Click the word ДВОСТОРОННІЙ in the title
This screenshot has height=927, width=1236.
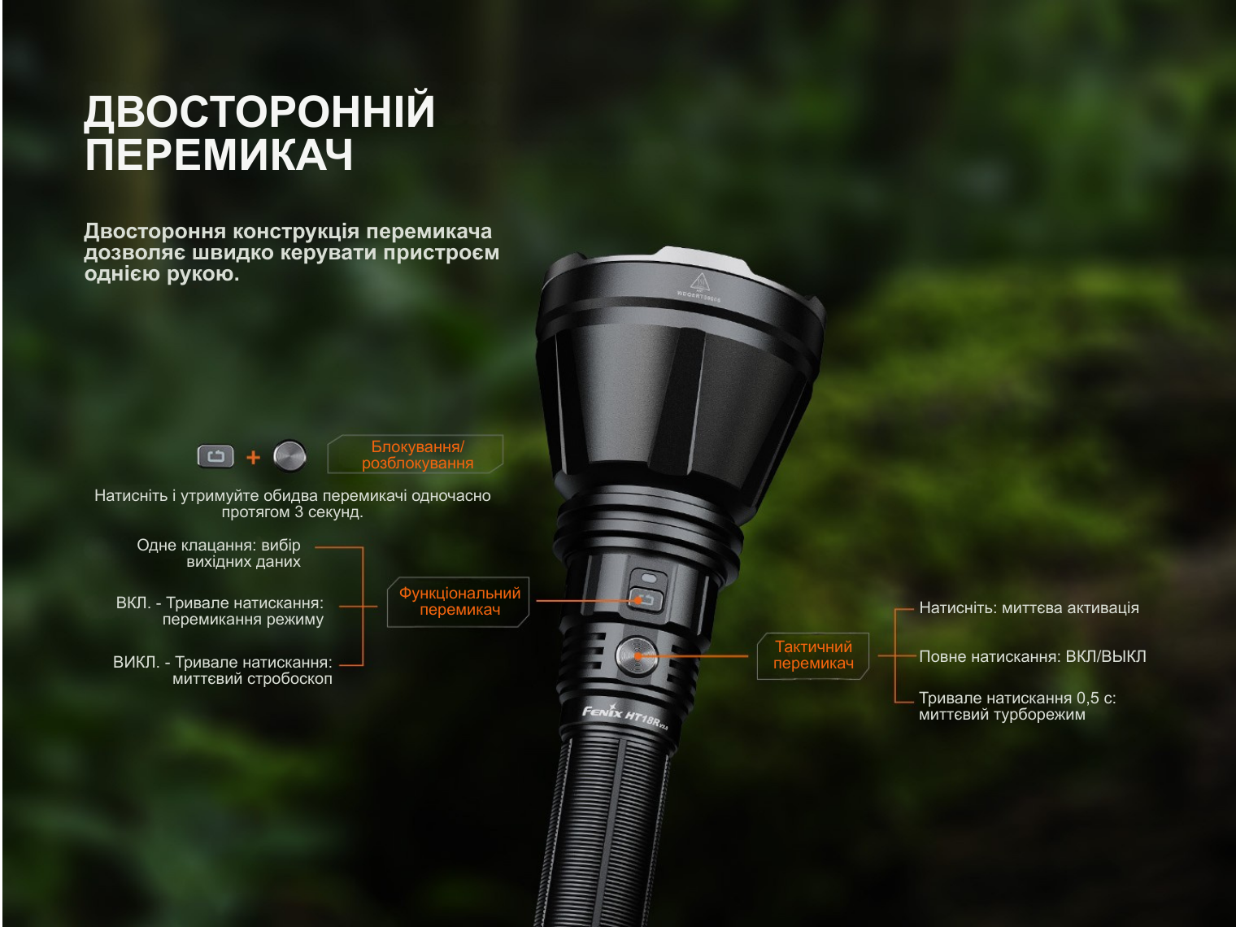pyautogui.click(x=259, y=111)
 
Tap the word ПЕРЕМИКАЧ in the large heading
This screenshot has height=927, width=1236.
pyautogui.click(x=219, y=154)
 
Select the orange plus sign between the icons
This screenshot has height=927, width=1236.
pyautogui.click(x=254, y=457)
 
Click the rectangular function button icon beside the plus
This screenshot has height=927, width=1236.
pyautogui.click(x=215, y=456)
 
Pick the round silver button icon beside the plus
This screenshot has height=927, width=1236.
pyautogui.click(x=289, y=455)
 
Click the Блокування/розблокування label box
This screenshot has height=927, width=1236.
pyautogui.click(x=416, y=455)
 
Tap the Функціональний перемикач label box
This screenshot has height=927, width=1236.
pyautogui.click(x=459, y=602)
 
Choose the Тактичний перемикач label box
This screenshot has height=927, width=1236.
pyautogui.click(x=813, y=655)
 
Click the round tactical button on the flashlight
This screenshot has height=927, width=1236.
pyautogui.click(x=637, y=656)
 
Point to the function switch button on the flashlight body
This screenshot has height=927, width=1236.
pyautogui.click(x=646, y=600)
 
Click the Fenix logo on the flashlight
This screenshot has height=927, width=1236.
pyautogui.click(x=602, y=712)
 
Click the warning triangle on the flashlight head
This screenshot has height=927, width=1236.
pyautogui.click(x=699, y=281)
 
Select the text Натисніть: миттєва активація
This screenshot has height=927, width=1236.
pyautogui.click(x=1029, y=608)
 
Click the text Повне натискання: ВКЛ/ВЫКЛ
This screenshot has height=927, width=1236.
pyautogui.click(x=1032, y=656)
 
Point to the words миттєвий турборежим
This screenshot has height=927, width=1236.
pyautogui.click(x=1002, y=715)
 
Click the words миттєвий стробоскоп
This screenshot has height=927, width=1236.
pyautogui.click(x=252, y=679)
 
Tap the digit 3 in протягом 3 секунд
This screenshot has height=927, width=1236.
pyautogui.click(x=299, y=512)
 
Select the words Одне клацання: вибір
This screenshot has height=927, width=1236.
pyautogui.click(x=219, y=546)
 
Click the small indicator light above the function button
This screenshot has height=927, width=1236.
pyautogui.click(x=649, y=578)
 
